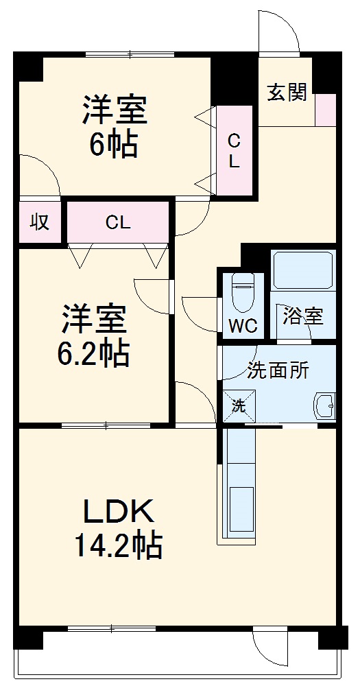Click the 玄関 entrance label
pyautogui.click(x=287, y=93)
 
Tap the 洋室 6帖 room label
pyautogui.click(x=115, y=126)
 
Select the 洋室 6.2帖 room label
pyautogui.click(x=94, y=335)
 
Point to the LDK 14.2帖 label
pyautogui.click(x=119, y=528)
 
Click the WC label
pyautogui.click(x=243, y=326)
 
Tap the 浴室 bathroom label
pyautogui.click(x=303, y=317)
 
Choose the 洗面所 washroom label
pyautogui.click(x=278, y=370)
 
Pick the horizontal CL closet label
pyautogui.click(x=118, y=222)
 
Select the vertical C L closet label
pyautogui.click(x=234, y=152)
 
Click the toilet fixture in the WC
pyautogui.click(x=242, y=292)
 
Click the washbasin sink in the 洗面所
pyautogui.click(x=324, y=407)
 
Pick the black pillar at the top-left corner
pyautogui.click(x=29, y=69)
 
